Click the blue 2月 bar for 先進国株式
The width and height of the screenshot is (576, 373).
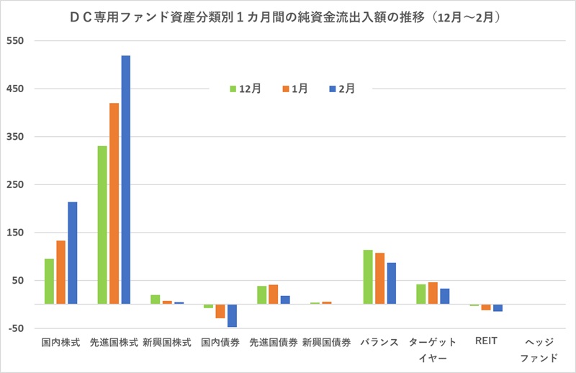click(126, 179)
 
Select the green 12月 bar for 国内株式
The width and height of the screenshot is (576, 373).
click(49, 281)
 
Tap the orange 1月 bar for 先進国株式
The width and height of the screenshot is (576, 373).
click(114, 203)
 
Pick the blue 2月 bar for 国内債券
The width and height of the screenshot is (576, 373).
click(232, 315)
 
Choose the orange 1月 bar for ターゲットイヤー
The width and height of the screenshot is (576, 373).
click(433, 293)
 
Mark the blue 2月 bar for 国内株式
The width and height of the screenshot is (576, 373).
click(72, 253)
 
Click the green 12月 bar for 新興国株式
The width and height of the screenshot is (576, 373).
click(156, 299)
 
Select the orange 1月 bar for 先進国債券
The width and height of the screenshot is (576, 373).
click(273, 294)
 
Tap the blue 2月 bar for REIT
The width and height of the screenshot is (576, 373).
click(498, 308)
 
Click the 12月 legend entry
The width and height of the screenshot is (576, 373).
click(246, 89)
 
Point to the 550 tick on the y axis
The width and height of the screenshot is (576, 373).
click(16, 41)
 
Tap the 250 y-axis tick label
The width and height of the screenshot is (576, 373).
click(16, 185)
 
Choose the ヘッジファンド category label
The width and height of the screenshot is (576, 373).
click(539, 350)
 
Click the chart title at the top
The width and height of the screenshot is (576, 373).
click(288, 15)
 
